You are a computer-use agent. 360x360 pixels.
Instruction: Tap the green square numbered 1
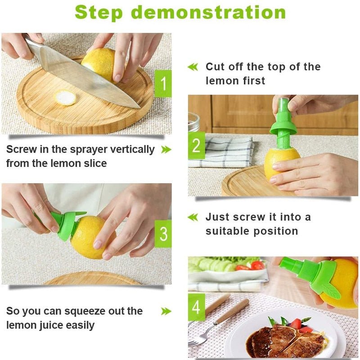click(x=163, y=83)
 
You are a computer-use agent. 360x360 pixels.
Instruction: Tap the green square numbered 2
click(x=196, y=146)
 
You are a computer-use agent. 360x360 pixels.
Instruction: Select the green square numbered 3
click(x=163, y=234)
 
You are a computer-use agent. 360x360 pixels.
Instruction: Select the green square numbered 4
click(x=196, y=307)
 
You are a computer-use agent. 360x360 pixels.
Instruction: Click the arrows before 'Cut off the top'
click(x=193, y=67)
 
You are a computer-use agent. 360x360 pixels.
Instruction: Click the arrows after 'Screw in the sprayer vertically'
click(x=166, y=149)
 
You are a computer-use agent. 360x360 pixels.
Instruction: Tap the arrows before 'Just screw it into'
click(x=193, y=217)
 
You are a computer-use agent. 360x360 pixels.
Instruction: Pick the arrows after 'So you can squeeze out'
click(x=166, y=311)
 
